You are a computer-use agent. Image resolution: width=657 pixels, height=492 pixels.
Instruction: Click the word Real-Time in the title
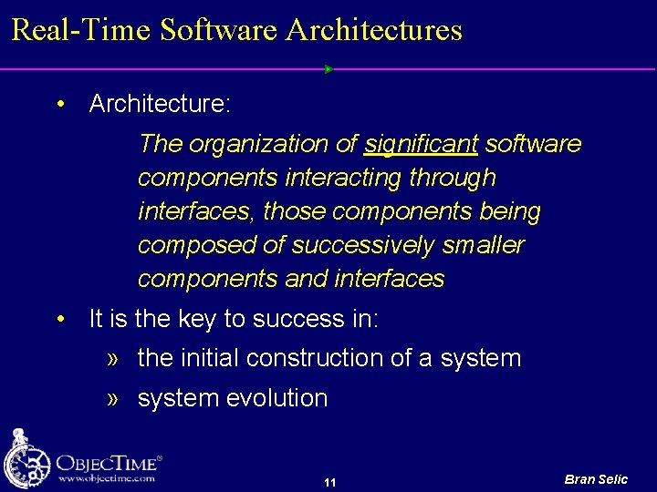[81, 30]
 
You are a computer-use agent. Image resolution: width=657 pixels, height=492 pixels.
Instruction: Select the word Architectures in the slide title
[374, 30]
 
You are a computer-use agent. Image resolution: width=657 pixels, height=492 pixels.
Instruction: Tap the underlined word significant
[421, 144]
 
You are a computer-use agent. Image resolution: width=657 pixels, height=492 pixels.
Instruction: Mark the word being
[510, 211]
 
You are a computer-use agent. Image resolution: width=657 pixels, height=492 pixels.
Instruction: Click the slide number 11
[330, 482]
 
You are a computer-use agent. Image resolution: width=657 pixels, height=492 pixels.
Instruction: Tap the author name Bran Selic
[596, 479]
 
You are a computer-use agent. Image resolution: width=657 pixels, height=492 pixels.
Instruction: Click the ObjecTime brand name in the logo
[107, 462]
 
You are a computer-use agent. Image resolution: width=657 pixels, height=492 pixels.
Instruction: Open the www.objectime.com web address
[106, 478]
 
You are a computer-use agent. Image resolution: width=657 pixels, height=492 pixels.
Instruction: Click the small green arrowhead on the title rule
[328, 69]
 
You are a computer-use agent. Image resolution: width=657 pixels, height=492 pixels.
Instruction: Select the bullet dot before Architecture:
[60, 104]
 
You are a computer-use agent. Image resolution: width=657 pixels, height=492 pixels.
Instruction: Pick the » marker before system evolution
[114, 398]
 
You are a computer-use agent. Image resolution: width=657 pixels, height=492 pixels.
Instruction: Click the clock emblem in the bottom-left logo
[26, 460]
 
